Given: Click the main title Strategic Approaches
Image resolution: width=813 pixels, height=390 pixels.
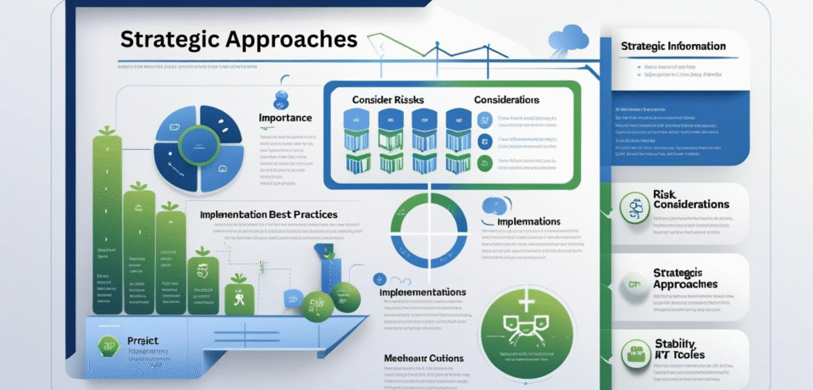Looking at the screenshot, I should click(238, 40).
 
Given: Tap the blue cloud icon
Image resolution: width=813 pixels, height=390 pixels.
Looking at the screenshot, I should click(568, 37).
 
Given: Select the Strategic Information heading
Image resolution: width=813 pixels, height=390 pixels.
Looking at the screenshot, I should click(672, 46).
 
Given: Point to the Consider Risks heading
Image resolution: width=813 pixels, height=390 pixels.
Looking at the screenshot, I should click(388, 99).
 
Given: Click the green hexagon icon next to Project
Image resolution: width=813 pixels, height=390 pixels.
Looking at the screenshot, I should click(107, 345).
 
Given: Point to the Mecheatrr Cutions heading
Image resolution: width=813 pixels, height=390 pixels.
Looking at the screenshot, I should click(423, 358).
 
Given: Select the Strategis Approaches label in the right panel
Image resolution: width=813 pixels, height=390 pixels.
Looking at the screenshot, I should click(686, 278).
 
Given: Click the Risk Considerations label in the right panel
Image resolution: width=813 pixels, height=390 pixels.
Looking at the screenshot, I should click(691, 199).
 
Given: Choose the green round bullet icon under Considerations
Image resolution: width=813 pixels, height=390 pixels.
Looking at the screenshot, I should click(484, 164).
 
